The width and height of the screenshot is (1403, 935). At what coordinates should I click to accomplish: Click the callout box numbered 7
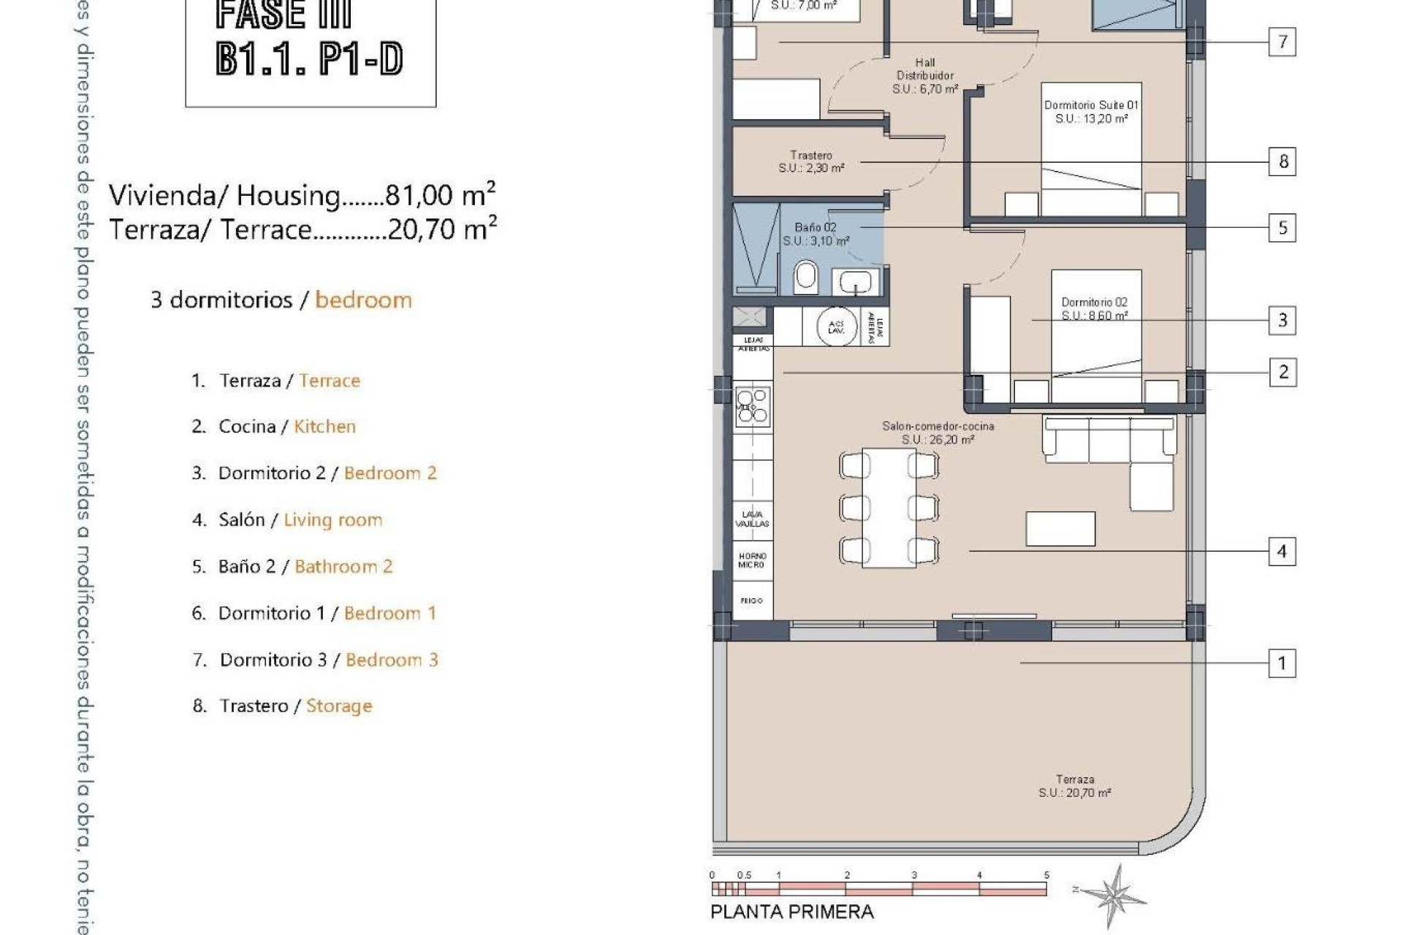[1282, 42]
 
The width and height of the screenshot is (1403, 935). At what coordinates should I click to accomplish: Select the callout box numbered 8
[1282, 161]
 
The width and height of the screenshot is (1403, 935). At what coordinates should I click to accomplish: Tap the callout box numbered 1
[1282, 663]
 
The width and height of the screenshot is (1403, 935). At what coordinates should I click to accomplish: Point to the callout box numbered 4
[1282, 552]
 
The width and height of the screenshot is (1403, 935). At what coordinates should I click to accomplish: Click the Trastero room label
[811, 161]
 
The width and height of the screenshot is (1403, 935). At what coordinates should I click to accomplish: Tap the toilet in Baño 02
[805, 276]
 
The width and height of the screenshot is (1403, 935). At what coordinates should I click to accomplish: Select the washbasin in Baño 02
[854, 281]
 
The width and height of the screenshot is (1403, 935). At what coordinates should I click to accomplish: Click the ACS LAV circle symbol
[836, 327]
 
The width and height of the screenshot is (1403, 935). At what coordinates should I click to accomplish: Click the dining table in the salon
[889, 508]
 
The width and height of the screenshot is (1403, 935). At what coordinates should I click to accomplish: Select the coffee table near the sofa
[1060, 529]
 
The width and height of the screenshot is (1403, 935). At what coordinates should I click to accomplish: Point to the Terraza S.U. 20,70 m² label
[1075, 786]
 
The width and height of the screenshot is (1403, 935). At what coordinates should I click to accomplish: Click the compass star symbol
[1113, 894]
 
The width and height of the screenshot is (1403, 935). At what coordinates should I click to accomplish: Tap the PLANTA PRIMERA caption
[792, 912]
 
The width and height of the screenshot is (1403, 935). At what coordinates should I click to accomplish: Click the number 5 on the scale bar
[1046, 875]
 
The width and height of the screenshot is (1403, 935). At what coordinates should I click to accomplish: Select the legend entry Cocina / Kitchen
[274, 427]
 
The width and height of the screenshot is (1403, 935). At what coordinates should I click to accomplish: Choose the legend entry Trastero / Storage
[283, 706]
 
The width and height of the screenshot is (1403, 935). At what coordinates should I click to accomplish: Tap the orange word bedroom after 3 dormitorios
[363, 300]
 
